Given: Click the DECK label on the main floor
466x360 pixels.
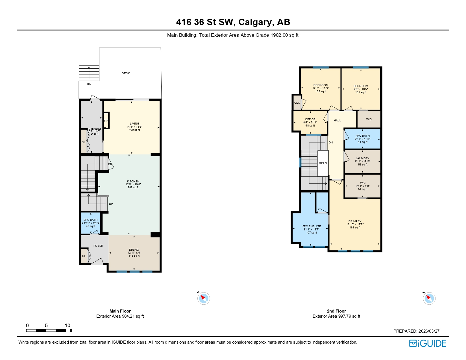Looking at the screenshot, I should [x=126, y=73].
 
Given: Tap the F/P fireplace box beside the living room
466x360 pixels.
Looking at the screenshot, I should [x=106, y=121].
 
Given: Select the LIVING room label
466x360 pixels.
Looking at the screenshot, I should [x=134, y=124].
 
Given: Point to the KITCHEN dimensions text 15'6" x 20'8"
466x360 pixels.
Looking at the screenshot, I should [x=133, y=184].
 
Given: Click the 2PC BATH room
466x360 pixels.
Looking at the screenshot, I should [x=90, y=223].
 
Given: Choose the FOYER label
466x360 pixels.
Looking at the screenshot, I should [x=98, y=246].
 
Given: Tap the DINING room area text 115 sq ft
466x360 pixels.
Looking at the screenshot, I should [x=134, y=256].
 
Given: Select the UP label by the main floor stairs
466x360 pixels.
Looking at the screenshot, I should [x=111, y=204].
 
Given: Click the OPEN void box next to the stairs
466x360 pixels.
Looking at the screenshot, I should [x=323, y=163].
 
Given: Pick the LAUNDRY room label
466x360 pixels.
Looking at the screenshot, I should [x=362, y=158].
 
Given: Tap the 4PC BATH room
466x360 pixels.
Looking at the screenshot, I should [x=362, y=139].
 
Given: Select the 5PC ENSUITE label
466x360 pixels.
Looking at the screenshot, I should [x=312, y=226].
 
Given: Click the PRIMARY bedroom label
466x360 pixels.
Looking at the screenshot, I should [x=355, y=221].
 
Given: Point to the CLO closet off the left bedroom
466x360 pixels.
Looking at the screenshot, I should [x=297, y=103].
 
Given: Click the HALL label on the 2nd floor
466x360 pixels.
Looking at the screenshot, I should [x=337, y=121].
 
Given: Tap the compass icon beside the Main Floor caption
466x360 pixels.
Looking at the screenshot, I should [x=203, y=298].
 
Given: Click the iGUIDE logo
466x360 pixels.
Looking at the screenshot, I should [x=428, y=343].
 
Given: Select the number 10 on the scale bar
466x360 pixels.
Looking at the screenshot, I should [x=67, y=326].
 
